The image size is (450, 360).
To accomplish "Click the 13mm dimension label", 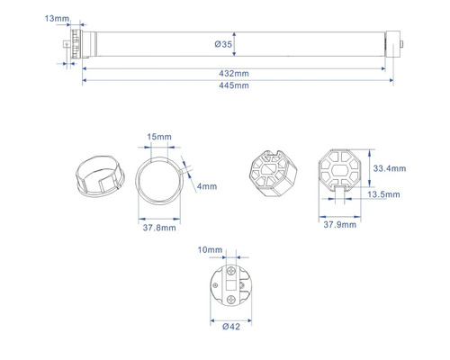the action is [57, 19].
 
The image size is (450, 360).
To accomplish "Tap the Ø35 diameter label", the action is [223, 44].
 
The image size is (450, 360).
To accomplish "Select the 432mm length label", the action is [234, 74].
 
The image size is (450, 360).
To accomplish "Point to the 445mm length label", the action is [234, 85].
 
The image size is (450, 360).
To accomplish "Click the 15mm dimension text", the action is [159, 137].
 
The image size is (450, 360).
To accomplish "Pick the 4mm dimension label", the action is [207, 186].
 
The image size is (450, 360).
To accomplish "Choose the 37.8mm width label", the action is [159, 228].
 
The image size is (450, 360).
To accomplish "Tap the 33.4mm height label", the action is [390, 168].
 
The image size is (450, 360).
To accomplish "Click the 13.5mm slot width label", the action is [383, 194].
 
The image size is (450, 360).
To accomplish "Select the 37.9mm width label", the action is [340, 225].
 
